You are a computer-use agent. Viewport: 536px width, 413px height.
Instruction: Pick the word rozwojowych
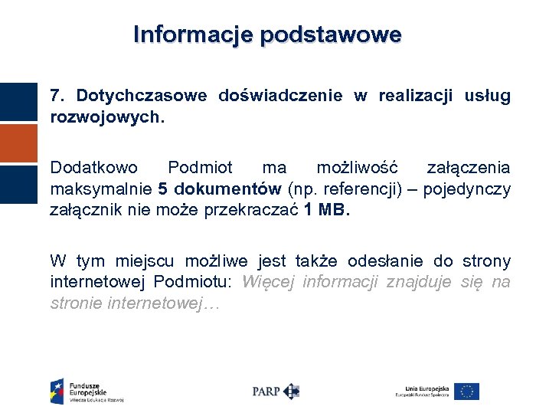click(x=106, y=119)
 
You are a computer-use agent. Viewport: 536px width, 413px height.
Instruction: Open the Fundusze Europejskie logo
click(x=86, y=391)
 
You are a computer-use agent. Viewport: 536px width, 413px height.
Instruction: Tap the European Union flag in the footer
click(x=466, y=391)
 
